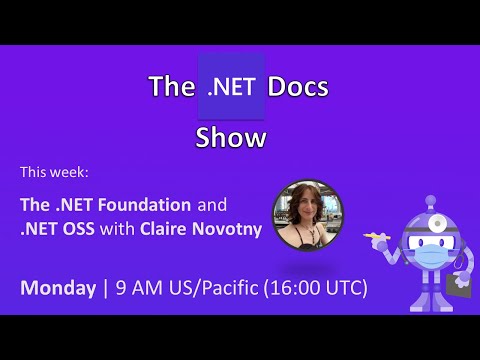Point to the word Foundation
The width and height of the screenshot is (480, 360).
tap(143, 204)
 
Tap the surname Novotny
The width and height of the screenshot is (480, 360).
tap(231, 229)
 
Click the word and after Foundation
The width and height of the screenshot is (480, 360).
tap(211, 204)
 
